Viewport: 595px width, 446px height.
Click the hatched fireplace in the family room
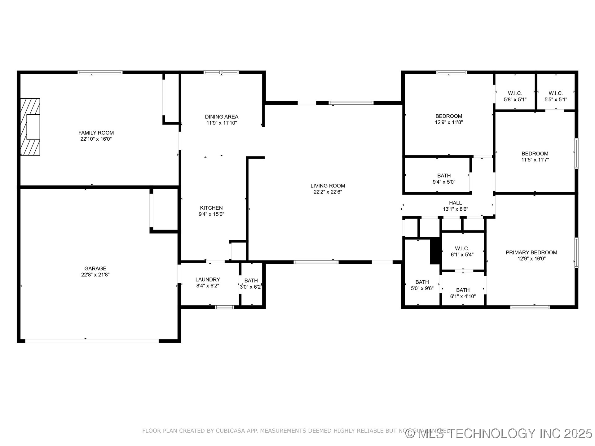(30, 127)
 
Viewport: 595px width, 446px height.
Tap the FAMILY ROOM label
(96, 133)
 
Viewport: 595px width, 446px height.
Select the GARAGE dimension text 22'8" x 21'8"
(95, 274)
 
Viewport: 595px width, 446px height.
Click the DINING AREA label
(222, 117)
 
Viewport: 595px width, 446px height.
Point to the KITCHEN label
(211, 208)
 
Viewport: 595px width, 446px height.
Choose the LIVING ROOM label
(328, 186)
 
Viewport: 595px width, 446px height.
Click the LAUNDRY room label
(208, 279)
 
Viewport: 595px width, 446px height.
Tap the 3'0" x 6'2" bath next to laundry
(251, 284)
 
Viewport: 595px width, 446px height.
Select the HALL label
(455, 203)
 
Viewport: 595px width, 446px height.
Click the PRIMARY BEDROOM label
(531, 252)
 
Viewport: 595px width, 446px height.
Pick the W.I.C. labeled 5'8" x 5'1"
(515, 96)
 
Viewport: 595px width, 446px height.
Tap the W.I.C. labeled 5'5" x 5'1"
(556, 96)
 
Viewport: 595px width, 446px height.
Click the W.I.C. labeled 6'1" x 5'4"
(462, 251)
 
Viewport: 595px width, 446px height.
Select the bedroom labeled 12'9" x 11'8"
(449, 119)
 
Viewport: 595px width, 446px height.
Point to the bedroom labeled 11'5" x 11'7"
(535, 157)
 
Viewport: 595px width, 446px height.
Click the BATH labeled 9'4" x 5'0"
(444, 179)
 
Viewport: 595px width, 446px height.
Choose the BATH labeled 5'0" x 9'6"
(422, 285)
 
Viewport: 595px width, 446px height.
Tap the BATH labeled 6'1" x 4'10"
(463, 293)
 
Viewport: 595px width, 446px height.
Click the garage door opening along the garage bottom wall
(92, 341)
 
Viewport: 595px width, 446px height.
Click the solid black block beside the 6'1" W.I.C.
(435, 251)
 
